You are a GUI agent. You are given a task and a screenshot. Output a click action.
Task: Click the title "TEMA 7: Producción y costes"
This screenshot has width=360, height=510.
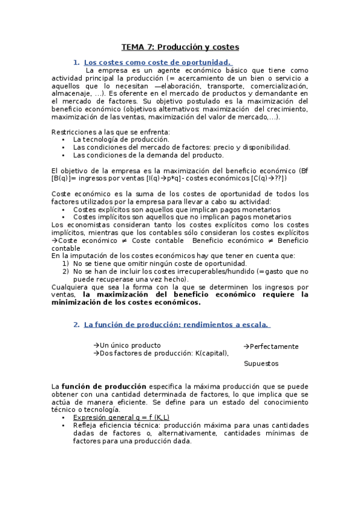point(180,46)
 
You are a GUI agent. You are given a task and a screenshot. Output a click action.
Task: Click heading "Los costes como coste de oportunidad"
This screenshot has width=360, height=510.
point(157,62)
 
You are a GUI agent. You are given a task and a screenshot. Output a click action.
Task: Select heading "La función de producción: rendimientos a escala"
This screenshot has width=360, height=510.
point(175,325)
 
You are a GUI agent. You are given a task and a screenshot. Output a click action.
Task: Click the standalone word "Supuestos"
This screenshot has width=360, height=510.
point(261,363)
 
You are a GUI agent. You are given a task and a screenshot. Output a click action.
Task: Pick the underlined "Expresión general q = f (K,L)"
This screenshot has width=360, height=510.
point(121,417)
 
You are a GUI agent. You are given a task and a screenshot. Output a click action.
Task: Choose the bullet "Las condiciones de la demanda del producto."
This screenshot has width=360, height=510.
point(140,155)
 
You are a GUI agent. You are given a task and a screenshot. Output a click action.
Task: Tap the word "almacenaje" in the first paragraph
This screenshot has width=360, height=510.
point(71,94)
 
